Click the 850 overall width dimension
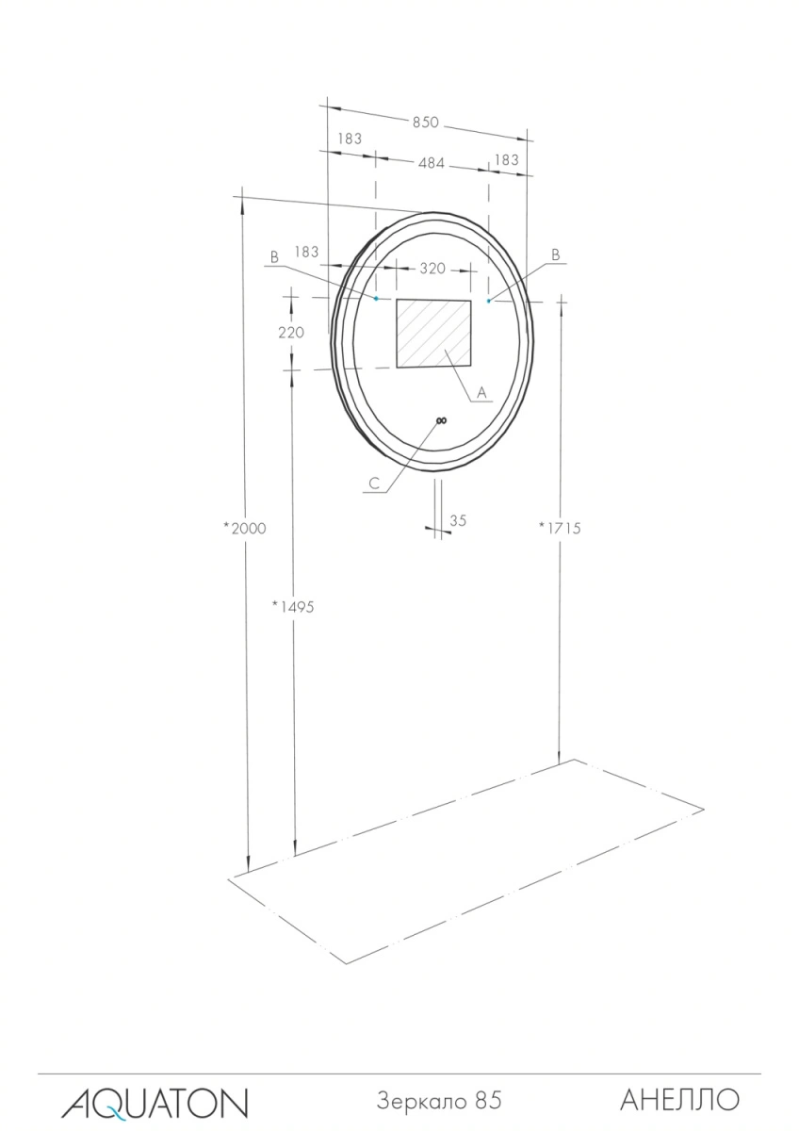426,123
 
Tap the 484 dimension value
431,163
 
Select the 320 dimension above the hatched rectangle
432,268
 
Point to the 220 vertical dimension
291,332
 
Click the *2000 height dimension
245,528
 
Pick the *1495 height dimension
293,606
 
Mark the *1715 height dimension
560,528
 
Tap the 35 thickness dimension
458,520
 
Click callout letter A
481,392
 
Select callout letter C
374,484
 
